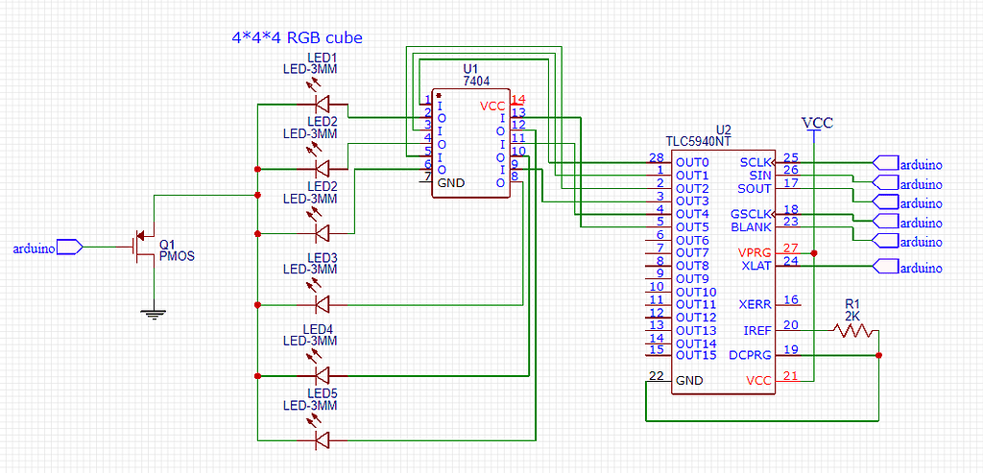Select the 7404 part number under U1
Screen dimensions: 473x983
[x=469, y=82]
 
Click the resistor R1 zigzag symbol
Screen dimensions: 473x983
[x=853, y=330]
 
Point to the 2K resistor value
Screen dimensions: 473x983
[x=853, y=315]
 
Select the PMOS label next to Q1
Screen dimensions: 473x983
[x=178, y=257]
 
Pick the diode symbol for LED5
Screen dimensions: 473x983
[x=322, y=440]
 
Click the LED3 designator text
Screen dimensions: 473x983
[x=322, y=258]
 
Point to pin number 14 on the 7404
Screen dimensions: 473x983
[x=518, y=100]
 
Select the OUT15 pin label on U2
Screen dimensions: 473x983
[x=696, y=356]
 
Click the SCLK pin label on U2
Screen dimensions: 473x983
[x=755, y=163]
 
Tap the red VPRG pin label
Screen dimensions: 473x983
[x=755, y=252]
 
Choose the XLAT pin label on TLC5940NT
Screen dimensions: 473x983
[x=756, y=266]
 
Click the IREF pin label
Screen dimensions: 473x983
[x=756, y=330]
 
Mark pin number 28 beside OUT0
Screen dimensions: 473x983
[x=657, y=157]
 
